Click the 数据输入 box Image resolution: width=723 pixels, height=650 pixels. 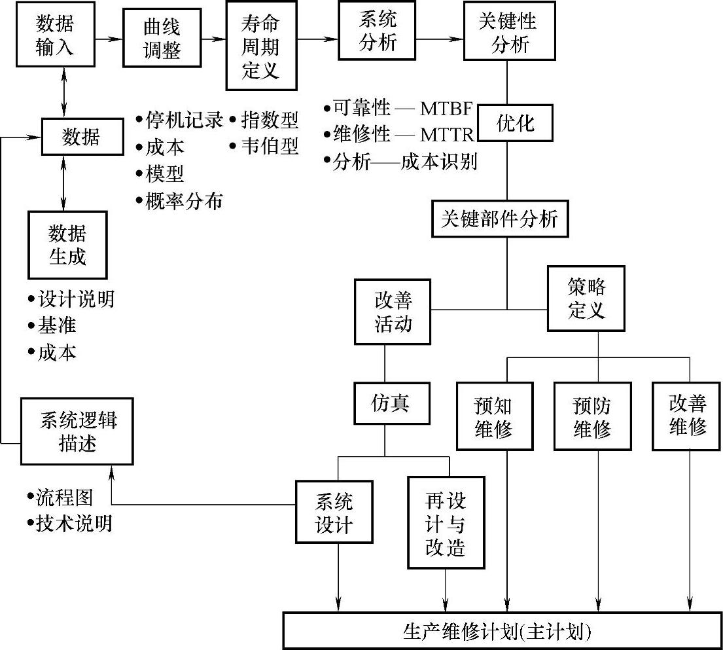(56, 36)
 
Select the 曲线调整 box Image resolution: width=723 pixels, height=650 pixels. (162, 39)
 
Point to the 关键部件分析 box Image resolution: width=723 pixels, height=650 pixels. (499, 218)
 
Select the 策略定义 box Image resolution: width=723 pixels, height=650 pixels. (586, 298)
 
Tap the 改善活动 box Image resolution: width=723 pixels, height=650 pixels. (393, 312)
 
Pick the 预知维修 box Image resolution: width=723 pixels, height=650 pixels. (493, 417)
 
